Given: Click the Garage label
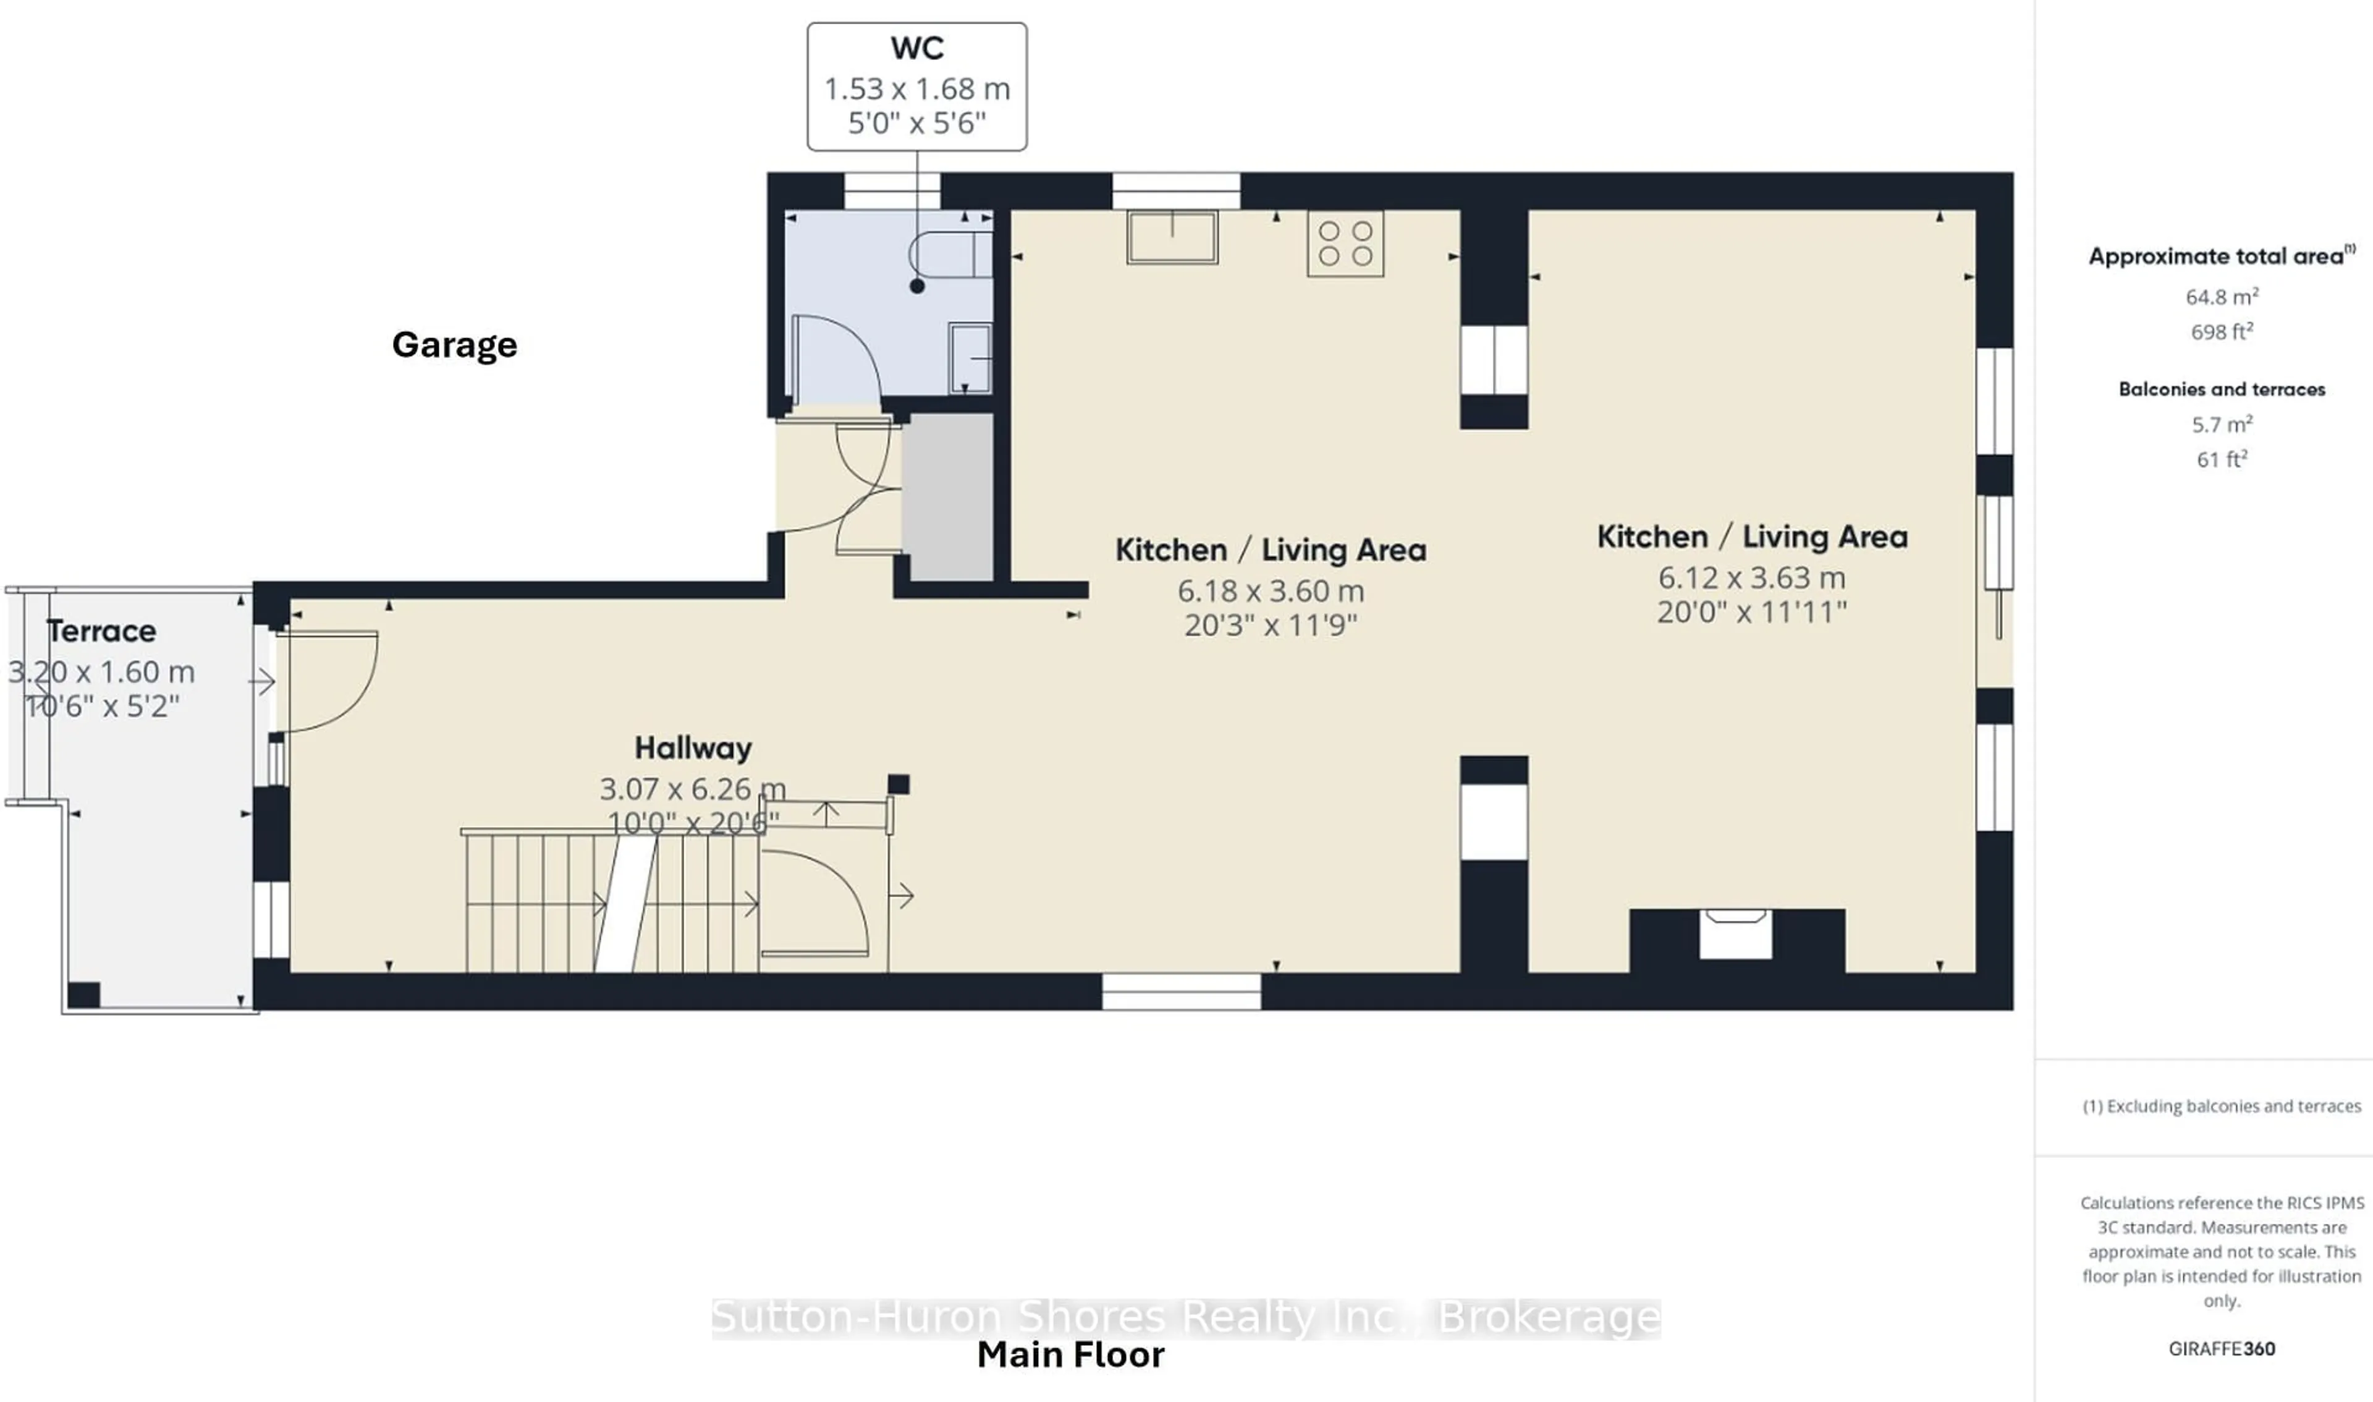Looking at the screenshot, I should click(x=454, y=345).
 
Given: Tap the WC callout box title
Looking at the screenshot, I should click(x=917, y=48).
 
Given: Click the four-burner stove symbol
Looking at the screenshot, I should click(x=1345, y=244).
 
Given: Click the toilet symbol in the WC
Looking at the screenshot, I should click(x=950, y=255).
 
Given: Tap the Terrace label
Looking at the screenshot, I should click(x=102, y=631).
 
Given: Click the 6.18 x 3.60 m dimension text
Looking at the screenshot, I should click(x=1270, y=592).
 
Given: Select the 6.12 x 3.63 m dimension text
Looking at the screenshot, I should click(x=1752, y=578).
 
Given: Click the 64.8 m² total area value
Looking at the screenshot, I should click(x=2221, y=297).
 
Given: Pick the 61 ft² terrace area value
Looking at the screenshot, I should click(x=2221, y=459).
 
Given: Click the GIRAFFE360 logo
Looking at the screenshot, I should click(x=2221, y=1349).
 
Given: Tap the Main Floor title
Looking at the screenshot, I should click(x=1070, y=1355).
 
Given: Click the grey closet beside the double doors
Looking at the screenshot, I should click(x=947, y=497).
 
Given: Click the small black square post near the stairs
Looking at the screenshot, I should click(x=898, y=783).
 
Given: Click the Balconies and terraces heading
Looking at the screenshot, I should click(x=2221, y=389).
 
